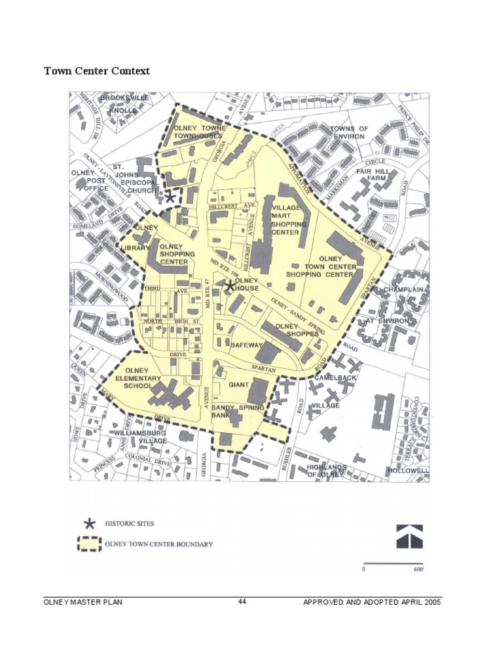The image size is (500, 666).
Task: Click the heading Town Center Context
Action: (96, 70)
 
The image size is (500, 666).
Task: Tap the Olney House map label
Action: (247, 284)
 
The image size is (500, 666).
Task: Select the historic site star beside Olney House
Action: (230, 286)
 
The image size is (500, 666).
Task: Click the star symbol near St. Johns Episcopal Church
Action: (169, 196)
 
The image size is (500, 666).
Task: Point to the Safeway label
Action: (246, 345)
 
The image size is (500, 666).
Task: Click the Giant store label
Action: (238, 385)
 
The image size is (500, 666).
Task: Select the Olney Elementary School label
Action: (137, 378)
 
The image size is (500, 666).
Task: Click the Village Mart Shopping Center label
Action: (285, 220)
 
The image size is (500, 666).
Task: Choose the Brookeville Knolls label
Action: (124, 104)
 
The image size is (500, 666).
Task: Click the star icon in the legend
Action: (89, 523)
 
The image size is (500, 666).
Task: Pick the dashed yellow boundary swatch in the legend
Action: (89, 544)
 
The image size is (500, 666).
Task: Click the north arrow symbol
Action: (410, 537)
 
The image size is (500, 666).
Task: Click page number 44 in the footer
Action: (242, 602)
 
